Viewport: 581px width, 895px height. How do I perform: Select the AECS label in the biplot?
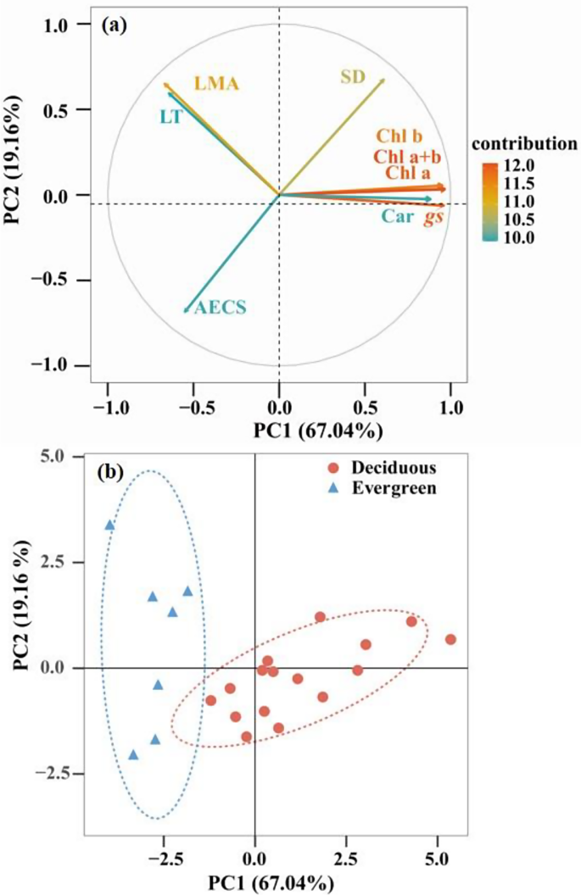pos(221,309)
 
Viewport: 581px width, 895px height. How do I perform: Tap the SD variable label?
pos(353,77)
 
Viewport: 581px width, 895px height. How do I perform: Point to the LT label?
pos(170,116)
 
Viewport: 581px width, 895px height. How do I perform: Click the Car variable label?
pos(396,217)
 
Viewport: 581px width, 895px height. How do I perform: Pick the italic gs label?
pos(433,217)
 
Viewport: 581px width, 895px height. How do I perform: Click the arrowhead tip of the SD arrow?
pos(384,80)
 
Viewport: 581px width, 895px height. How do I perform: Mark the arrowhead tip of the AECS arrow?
pos(185,312)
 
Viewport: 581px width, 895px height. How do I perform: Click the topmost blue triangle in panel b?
pos(109,525)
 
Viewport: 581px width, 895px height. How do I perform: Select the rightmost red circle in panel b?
pos(450,639)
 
